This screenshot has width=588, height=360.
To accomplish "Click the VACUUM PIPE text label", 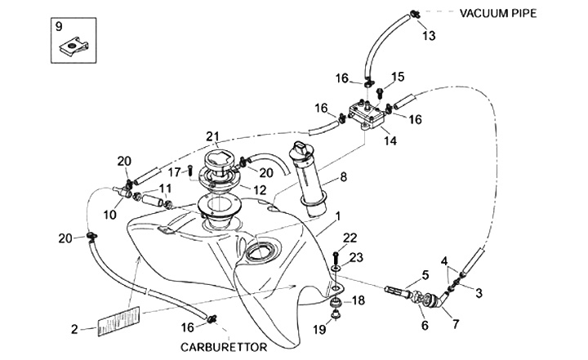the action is click(498, 14).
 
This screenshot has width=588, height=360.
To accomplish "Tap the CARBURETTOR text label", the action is click(224, 347).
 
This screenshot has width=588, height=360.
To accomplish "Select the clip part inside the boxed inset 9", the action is click(75, 46).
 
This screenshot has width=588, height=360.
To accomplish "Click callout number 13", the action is click(429, 36).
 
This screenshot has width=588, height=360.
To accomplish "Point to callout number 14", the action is click(390, 141).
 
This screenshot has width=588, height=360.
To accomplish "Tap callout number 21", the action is click(212, 137).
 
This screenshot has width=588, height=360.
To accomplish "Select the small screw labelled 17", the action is click(189, 171).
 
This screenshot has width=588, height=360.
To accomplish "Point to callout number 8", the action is click(344, 177).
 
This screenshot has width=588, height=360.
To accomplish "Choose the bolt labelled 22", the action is click(336, 259).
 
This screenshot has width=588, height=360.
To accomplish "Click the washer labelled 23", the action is click(336, 269).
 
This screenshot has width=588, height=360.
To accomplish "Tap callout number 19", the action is click(319, 330).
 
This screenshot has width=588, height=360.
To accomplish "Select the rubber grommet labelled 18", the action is click(335, 302).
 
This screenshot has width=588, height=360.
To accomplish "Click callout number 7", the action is click(456, 324).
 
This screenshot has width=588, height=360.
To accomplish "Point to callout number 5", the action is click(425, 275).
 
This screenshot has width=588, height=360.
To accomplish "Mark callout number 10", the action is click(110, 215).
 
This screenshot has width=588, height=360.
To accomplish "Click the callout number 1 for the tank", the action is click(338, 216).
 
